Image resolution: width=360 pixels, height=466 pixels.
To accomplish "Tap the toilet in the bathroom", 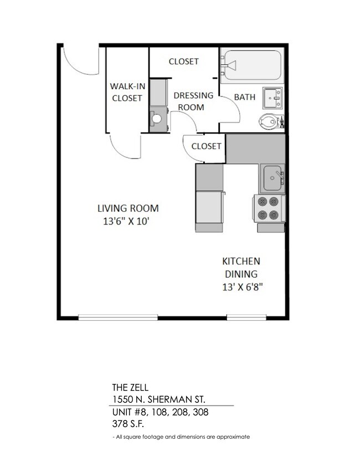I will [271, 120].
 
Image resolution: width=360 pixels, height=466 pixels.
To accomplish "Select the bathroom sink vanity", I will [272, 98].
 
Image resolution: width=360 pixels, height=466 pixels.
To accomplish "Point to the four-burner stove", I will [269, 209].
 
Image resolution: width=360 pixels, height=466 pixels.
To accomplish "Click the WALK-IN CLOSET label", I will [127, 92].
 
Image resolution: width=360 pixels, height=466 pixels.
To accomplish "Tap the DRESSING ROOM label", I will [189, 101].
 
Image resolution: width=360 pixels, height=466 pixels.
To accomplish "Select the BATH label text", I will [245, 97].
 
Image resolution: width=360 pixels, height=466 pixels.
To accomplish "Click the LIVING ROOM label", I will [128, 209].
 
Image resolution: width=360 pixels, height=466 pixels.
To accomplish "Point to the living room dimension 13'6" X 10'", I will [126, 222].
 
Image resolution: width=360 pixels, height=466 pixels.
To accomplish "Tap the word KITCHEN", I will [241, 261].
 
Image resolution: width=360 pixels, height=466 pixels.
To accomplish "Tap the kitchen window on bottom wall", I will [243, 318].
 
